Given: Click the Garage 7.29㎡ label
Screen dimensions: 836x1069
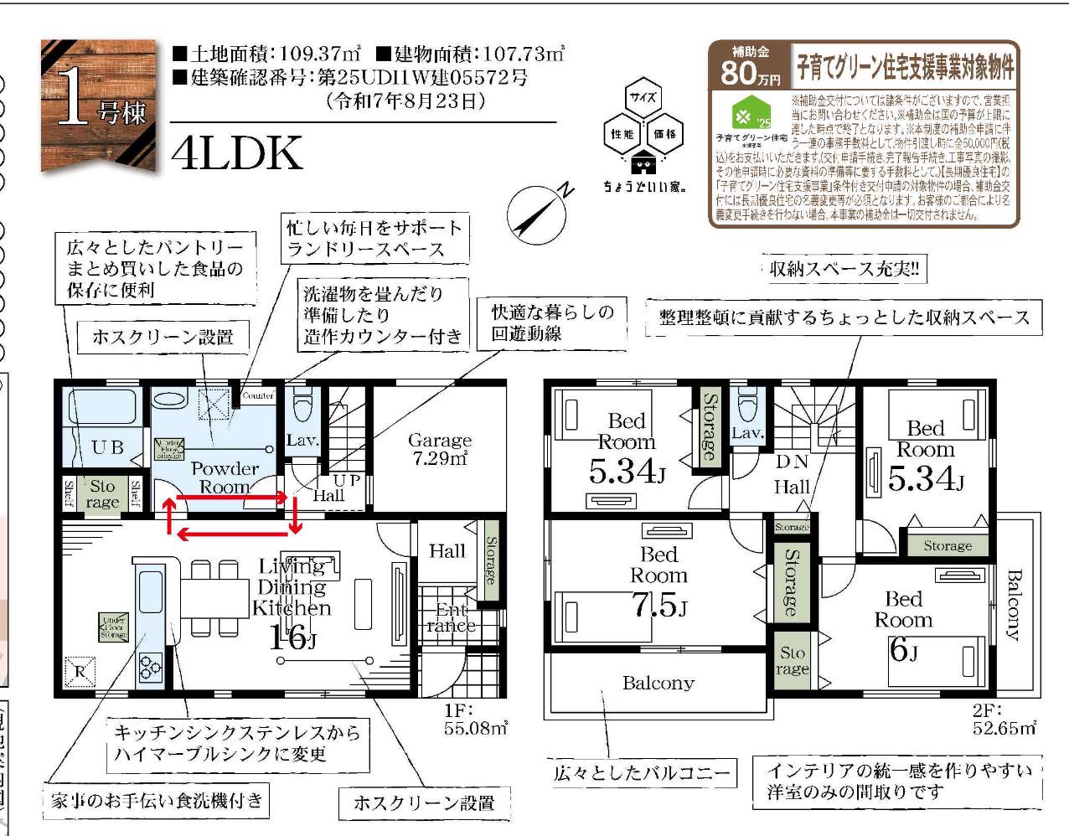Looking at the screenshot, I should point(440,449).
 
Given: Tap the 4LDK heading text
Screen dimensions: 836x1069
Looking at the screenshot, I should point(237,153).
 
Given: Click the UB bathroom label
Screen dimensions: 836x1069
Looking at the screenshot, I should point(107,447).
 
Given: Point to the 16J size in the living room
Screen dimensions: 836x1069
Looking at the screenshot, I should point(292,639).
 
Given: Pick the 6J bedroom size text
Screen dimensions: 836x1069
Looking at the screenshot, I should point(902,648).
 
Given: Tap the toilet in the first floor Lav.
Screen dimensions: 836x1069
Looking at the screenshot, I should point(302,405).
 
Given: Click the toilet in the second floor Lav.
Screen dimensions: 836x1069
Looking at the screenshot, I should point(746,405).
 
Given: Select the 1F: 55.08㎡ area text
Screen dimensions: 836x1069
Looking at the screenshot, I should point(475,720).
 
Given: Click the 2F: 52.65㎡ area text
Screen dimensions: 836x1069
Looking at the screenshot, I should point(1003,720).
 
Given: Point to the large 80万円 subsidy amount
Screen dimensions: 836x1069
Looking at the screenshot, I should point(750,73).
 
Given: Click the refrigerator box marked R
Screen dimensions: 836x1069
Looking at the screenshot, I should point(81,670).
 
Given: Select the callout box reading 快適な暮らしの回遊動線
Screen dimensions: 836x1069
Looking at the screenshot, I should point(552,323).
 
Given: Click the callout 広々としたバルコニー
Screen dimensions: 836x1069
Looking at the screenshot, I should point(642,773).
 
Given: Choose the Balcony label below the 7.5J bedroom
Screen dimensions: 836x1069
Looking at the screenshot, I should point(658,684).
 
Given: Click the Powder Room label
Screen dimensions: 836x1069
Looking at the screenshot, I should point(225,477).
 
